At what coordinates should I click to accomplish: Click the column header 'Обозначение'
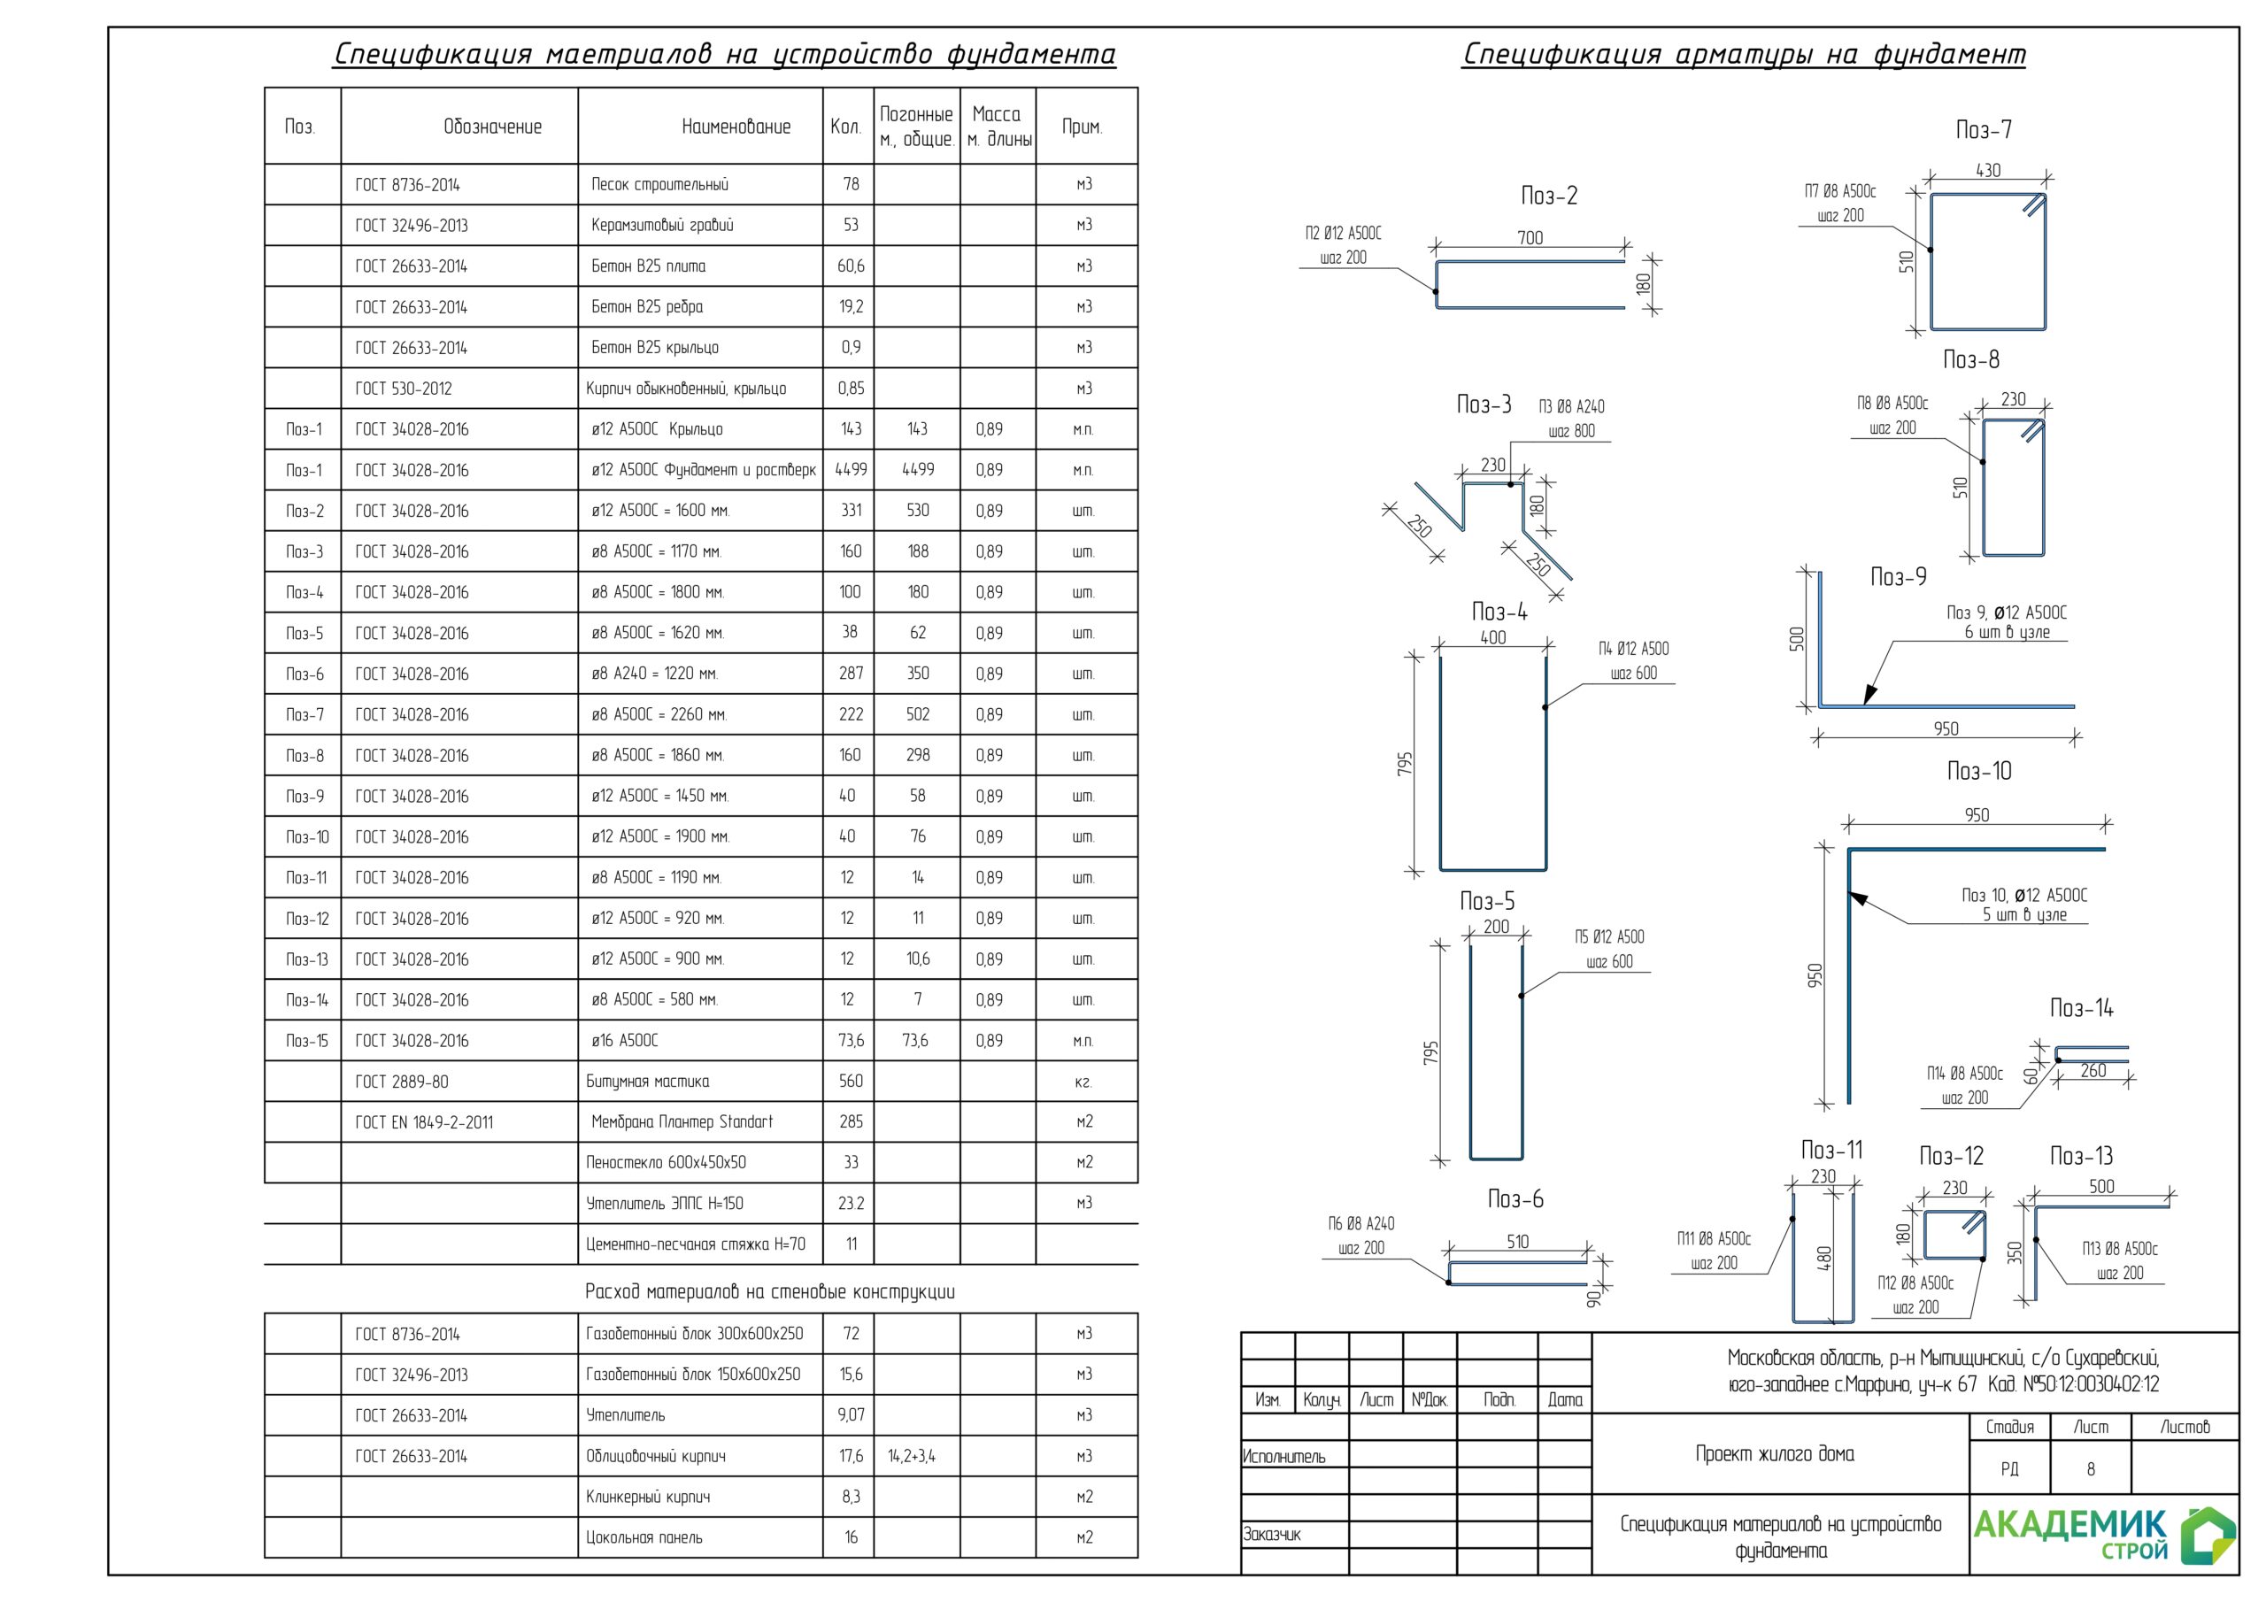[492, 127]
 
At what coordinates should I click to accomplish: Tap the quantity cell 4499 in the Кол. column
[851, 470]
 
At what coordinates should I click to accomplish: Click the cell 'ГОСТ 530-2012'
[404, 389]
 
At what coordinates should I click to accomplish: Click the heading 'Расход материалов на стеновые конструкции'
[770, 1292]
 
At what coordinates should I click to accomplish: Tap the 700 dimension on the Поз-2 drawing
[1530, 238]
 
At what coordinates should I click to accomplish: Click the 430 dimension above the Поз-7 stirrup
[1988, 171]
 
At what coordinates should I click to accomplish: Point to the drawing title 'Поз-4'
[1499, 612]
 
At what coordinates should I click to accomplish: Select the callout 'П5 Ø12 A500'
[1610, 936]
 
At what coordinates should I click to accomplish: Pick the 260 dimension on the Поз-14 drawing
[2093, 1071]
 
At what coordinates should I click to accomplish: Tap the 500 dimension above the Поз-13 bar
[2101, 1186]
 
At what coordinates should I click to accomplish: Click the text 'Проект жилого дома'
[1775, 1454]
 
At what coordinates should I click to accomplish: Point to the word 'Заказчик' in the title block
[1271, 1535]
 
